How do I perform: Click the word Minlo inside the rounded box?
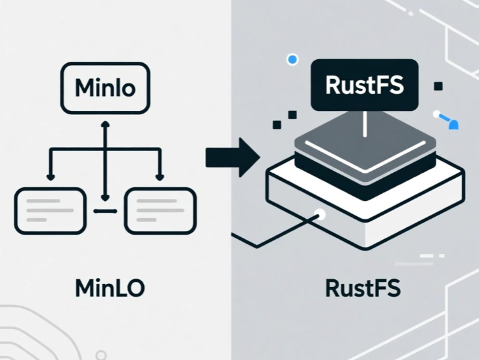105,87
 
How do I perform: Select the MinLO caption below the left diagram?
110,288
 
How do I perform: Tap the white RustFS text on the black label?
365,85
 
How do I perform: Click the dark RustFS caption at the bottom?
363,288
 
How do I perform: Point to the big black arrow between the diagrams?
233,157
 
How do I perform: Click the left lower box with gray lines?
51,211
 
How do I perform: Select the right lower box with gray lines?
160,211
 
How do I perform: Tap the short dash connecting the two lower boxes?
105,211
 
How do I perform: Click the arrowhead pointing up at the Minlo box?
105,124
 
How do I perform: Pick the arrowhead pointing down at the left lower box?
51,177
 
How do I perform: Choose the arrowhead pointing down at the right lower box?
160,177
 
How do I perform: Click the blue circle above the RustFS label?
292,59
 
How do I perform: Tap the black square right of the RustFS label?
438,87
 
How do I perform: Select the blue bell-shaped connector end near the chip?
453,125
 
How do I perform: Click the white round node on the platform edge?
319,214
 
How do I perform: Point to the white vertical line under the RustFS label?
365,124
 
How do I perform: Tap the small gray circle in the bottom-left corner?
101,355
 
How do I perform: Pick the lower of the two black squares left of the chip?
277,125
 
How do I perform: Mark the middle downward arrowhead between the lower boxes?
105,198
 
